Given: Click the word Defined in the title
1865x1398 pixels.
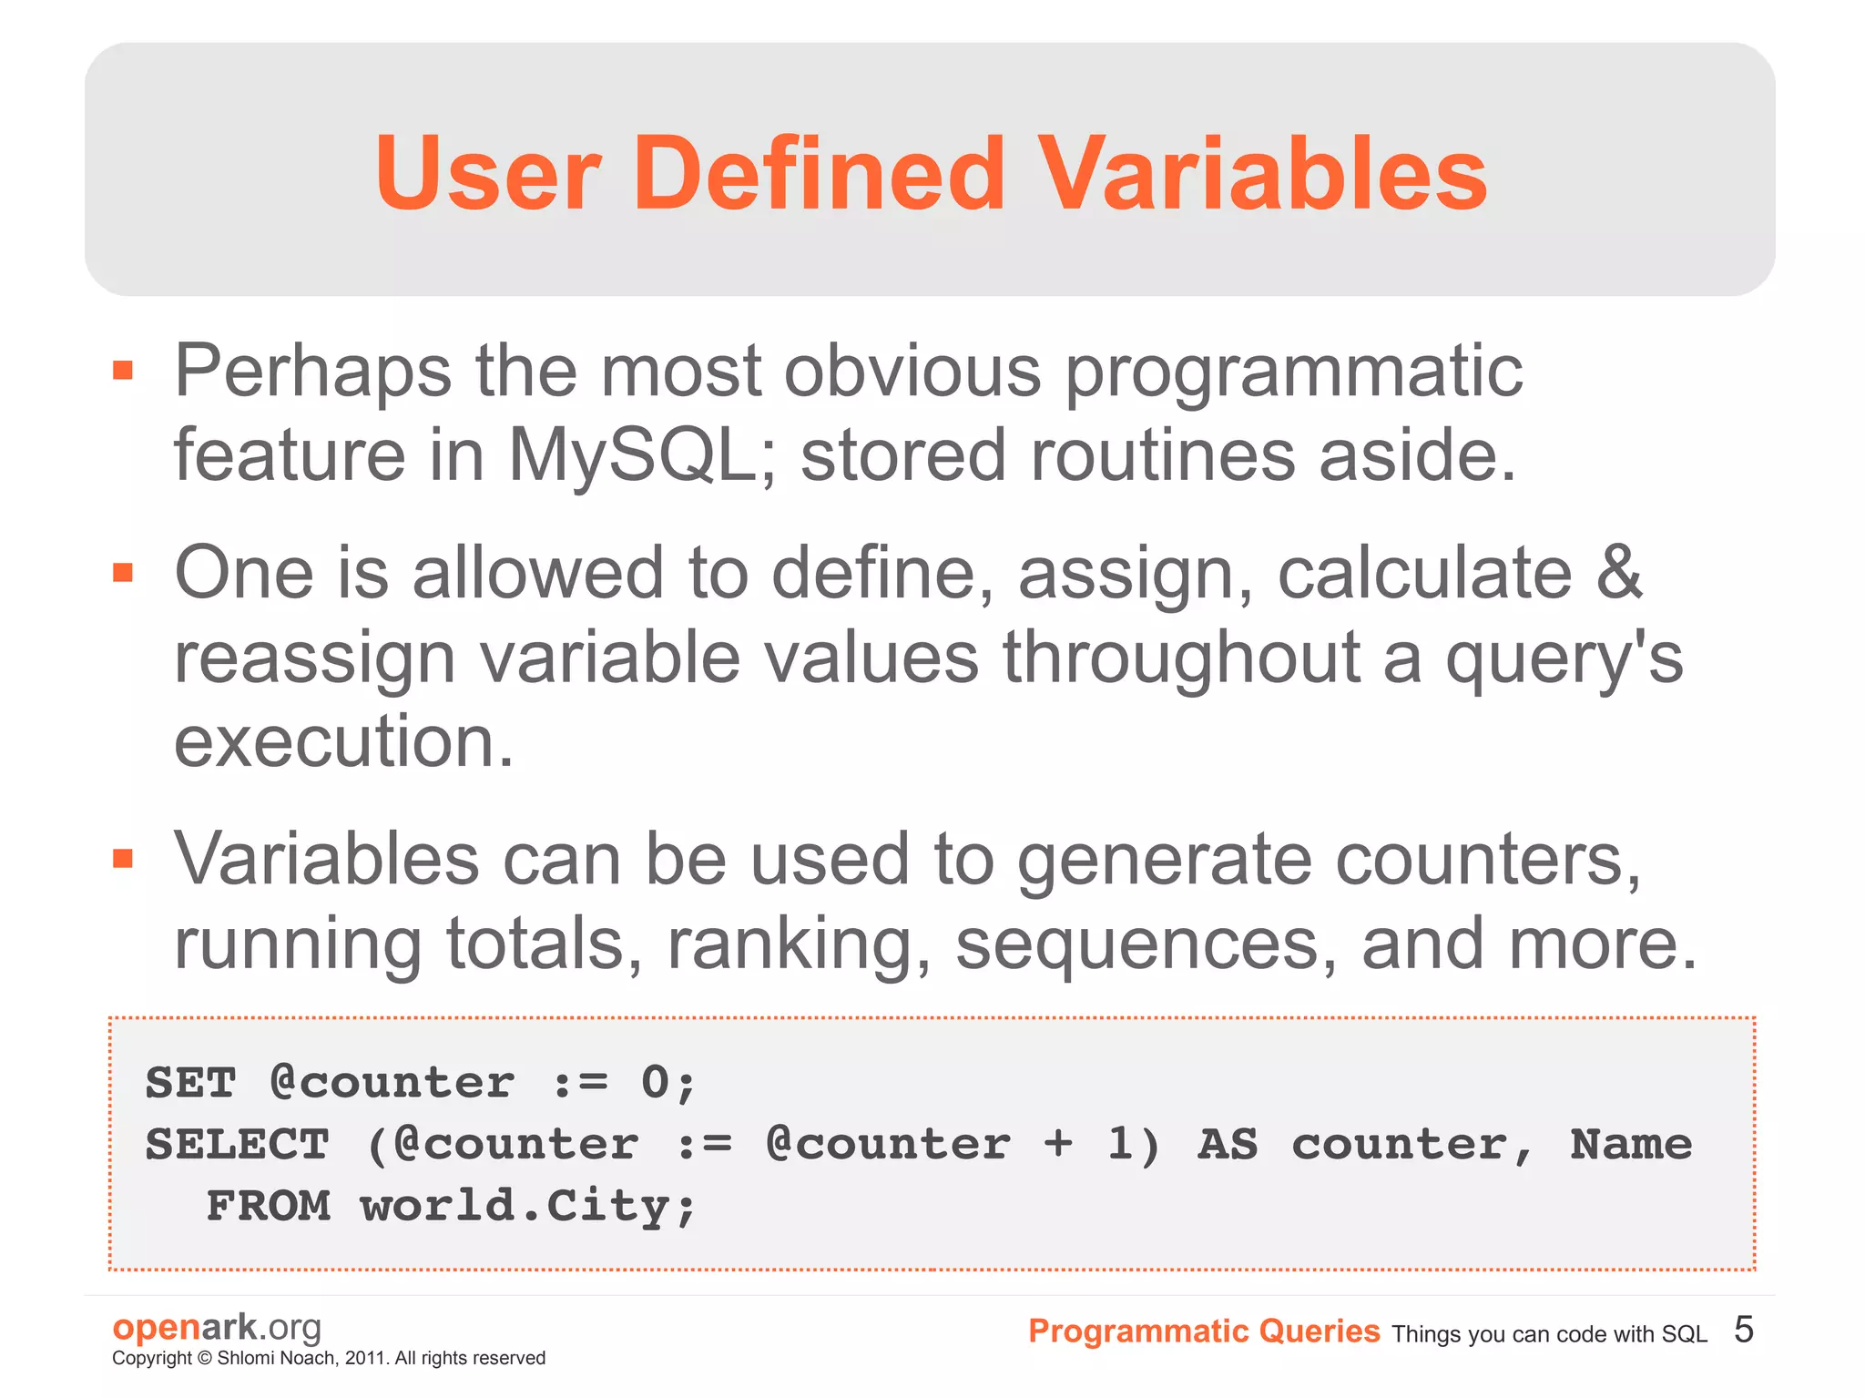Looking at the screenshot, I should [x=819, y=173].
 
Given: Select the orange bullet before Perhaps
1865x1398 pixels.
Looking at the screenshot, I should [x=123, y=370].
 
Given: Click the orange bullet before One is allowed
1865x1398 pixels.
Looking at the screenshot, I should [x=123, y=572].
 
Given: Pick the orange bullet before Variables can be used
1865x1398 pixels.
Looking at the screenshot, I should [x=123, y=858].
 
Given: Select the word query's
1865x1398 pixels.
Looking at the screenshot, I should [x=1564, y=658].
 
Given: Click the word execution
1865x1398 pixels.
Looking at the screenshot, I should [x=344, y=741].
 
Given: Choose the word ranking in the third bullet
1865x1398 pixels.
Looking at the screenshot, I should [x=800, y=944].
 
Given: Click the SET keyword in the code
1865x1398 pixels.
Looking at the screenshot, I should [x=190, y=1083].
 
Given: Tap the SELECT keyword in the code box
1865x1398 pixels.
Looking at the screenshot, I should [x=237, y=1145].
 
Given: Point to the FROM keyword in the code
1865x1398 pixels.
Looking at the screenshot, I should [x=268, y=1206].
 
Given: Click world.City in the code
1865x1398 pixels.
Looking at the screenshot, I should [x=528, y=1206].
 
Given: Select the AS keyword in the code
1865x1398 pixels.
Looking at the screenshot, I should [x=1227, y=1145].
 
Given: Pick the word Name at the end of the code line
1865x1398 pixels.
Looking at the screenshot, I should [x=1630, y=1145].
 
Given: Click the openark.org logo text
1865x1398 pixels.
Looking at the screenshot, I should [x=217, y=1328].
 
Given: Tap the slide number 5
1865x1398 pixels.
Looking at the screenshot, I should [x=1743, y=1330].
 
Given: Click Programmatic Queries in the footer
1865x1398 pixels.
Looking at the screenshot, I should [x=1203, y=1332].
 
